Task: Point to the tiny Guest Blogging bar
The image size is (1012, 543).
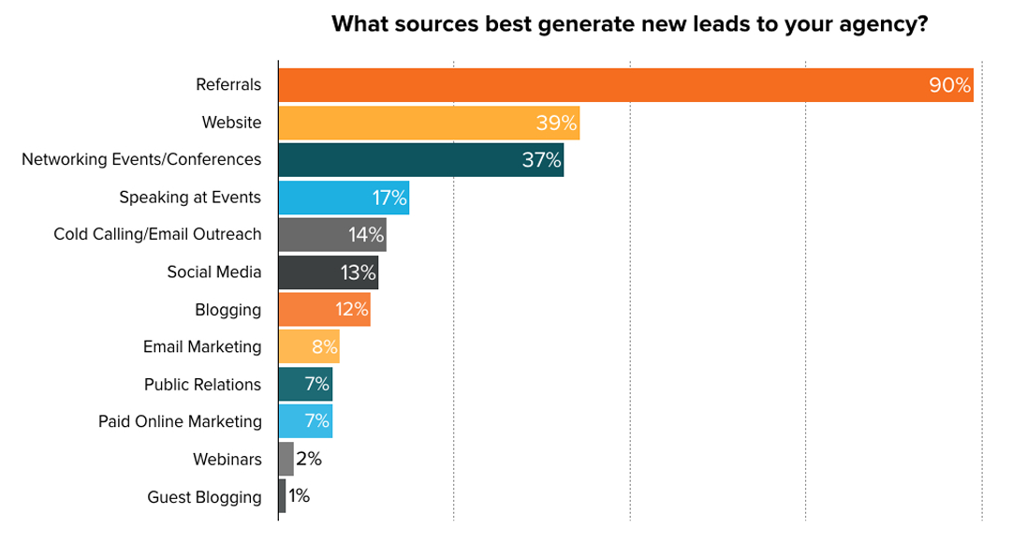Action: pos(282,496)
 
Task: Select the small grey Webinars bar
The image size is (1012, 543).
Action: pos(286,459)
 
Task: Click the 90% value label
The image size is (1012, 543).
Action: pos(949,85)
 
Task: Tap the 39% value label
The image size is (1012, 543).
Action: pos(556,123)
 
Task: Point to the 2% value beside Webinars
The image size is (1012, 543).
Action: pos(309,459)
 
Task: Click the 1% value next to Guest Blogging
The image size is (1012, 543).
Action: pos(299,496)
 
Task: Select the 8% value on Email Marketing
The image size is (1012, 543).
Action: pos(324,347)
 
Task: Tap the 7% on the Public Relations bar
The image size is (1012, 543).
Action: pos(317,384)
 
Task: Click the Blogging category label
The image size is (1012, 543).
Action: pos(227,310)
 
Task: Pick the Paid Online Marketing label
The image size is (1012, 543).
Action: pos(180,422)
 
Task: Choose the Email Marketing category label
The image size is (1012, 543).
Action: pos(202,347)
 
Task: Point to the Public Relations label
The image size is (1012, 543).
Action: pos(202,385)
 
